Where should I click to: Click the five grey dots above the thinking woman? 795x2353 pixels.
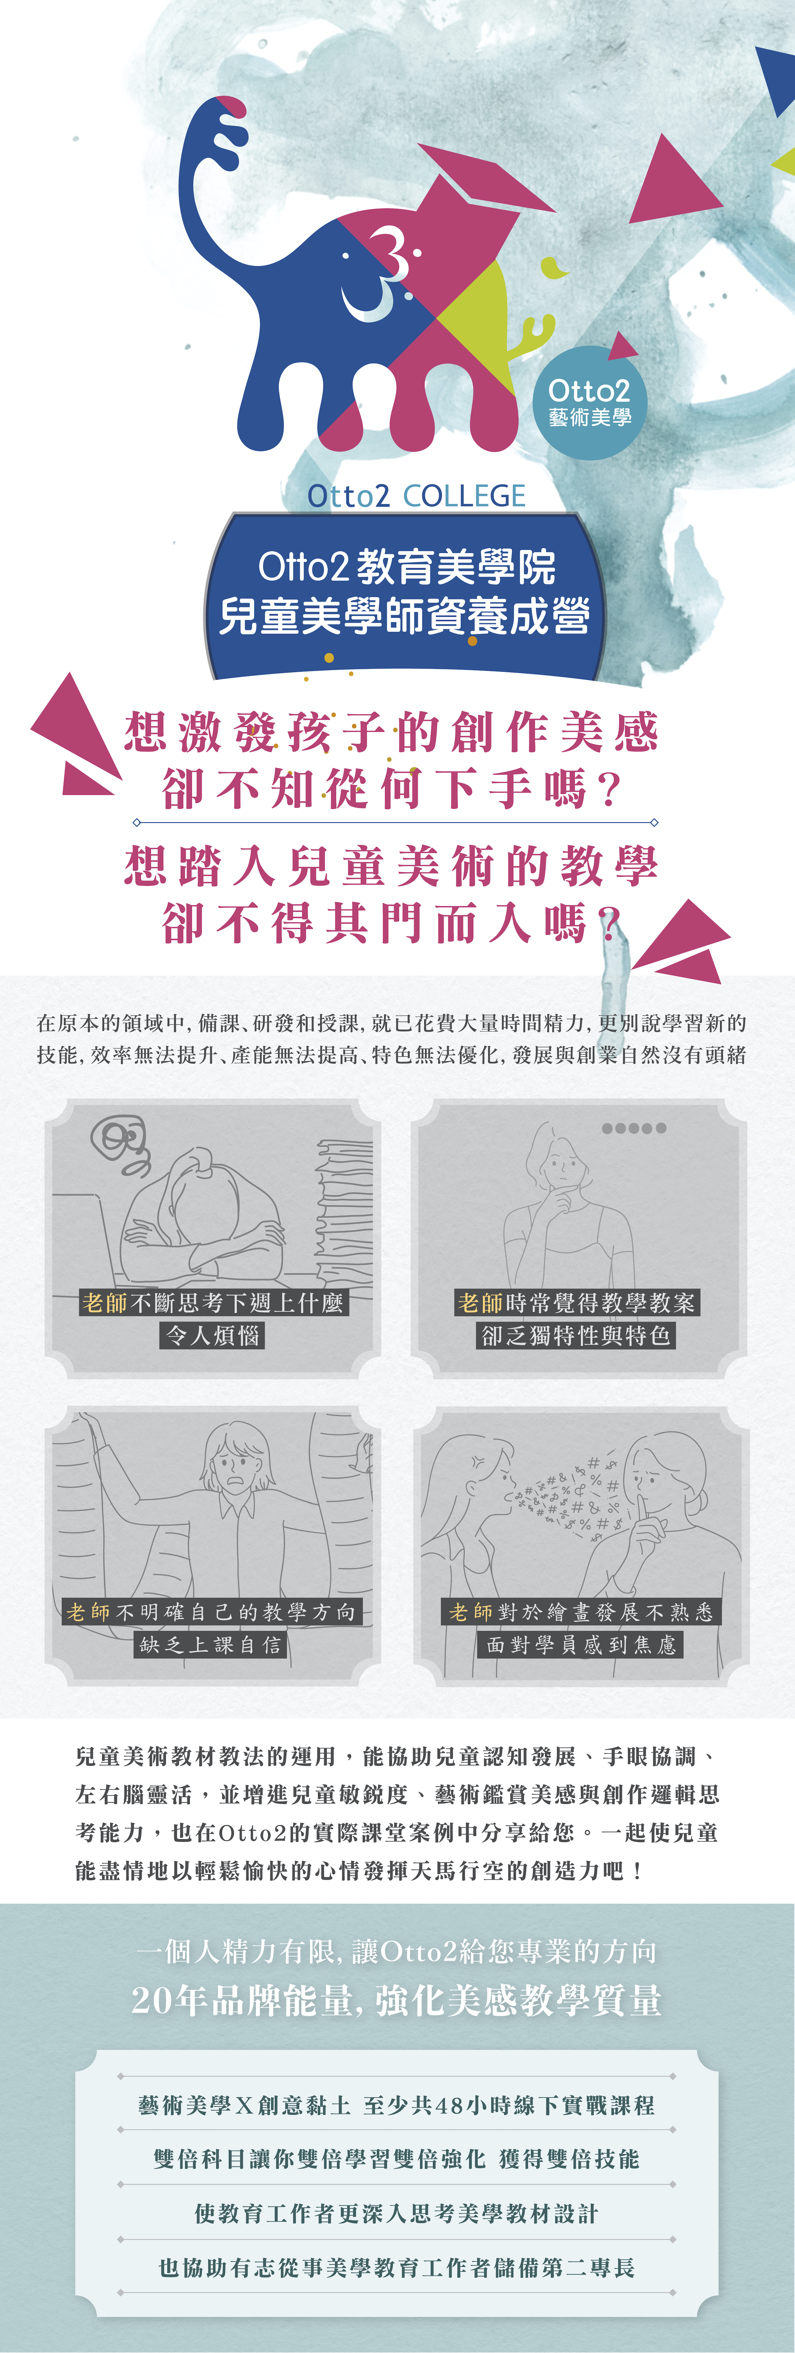point(634,1128)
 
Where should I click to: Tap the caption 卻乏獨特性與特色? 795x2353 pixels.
point(576,1335)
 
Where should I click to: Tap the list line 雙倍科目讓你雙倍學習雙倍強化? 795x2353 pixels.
point(320,2159)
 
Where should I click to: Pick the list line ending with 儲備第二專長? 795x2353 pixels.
point(397,2268)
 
